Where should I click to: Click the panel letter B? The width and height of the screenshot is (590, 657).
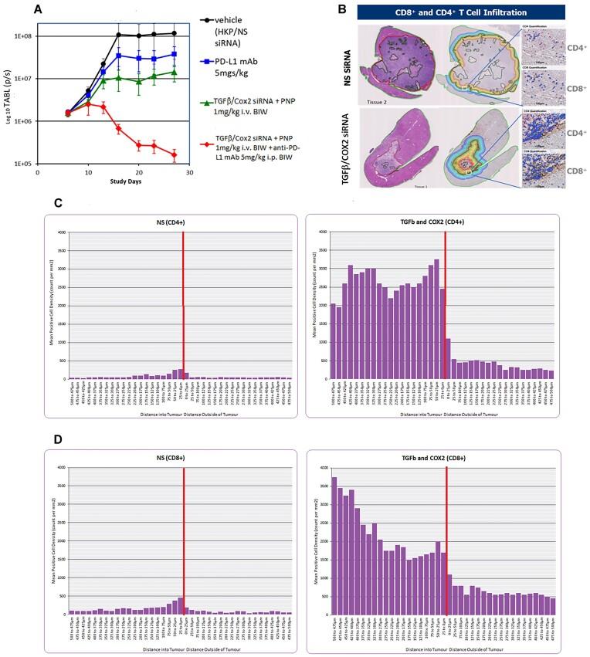343,9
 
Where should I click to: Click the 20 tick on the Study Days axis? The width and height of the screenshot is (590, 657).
138,174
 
